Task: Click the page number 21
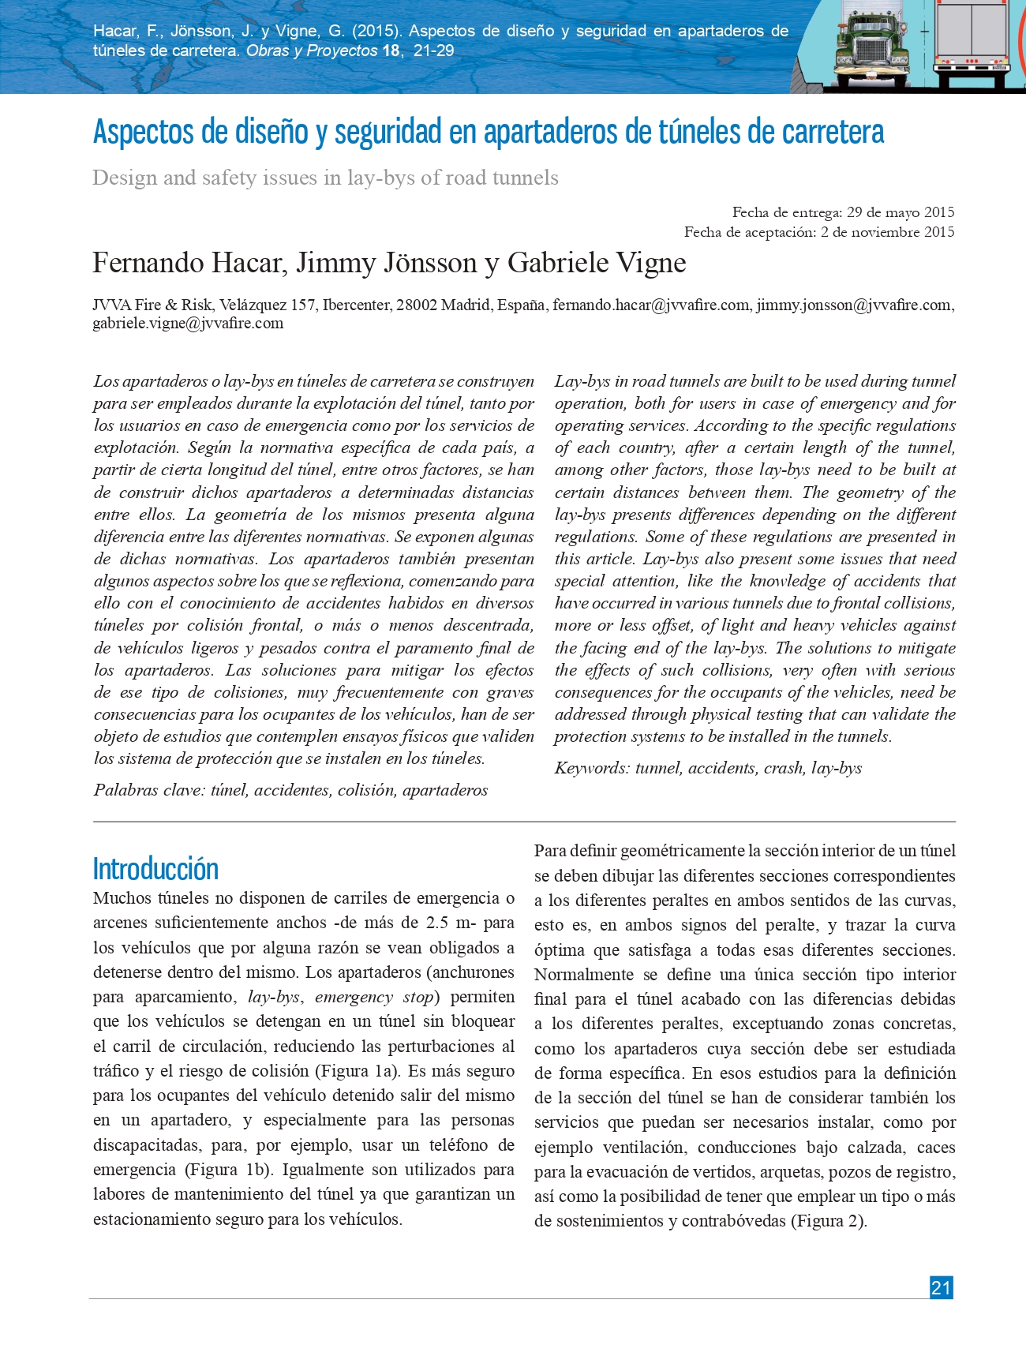click(x=941, y=1287)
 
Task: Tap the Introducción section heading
click(x=155, y=869)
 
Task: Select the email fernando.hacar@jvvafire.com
click(x=651, y=305)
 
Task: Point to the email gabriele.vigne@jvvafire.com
click(x=188, y=324)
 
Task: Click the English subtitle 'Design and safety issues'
click(x=325, y=178)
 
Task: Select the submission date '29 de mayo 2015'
click(x=901, y=212)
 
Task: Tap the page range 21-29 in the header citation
click(x=434, y=51)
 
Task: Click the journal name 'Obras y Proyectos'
click(x=312, y=51)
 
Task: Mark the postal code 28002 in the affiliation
click(x=417, y=305)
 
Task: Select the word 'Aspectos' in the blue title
click(x=144, y=132)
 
